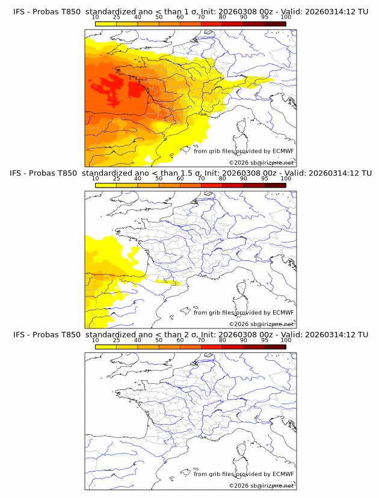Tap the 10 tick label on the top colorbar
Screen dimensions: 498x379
click(x=96, y=17)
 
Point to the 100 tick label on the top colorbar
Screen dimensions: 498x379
click(x=285, y=17)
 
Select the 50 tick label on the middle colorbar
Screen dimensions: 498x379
click(x=159, y=179)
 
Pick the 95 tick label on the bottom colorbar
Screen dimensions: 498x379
click(x=265, y=340)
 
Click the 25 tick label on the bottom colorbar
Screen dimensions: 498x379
click(x=117, y=340)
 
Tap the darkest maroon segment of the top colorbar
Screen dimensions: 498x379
click(x=275, y=23)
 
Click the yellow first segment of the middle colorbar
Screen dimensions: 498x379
click(x=106, y=185)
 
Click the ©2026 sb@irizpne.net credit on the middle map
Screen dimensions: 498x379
click(x=261, y=324)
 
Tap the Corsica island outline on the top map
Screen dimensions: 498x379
click(x=243, y=127)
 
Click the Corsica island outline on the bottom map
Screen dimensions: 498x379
click(x=243, y=450)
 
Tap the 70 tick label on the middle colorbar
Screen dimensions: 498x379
click(x=201, y=179)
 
